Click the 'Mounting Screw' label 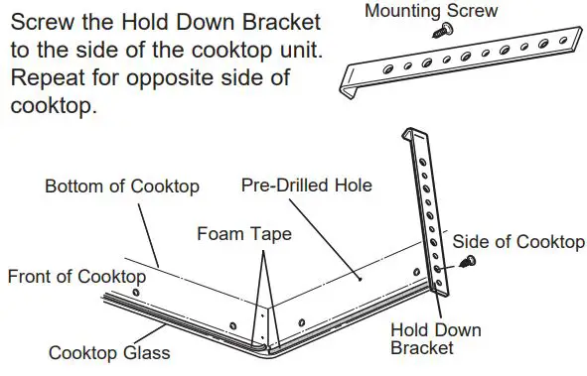tap(431, 12)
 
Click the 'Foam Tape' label tap(243, 234)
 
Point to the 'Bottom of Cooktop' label tap(122, 186)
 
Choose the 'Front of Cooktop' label tap(76, 277)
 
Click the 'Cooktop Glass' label tap(110, 352)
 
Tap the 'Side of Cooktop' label tap(518, 242)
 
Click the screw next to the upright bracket tap(469, 262)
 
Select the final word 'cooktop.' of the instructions tap(54, 105)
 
